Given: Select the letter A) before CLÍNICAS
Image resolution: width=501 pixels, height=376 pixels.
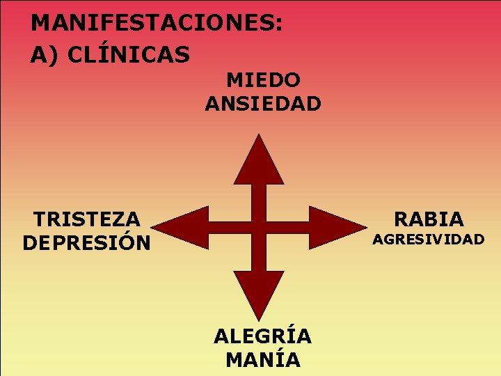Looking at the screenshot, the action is click(44, 54).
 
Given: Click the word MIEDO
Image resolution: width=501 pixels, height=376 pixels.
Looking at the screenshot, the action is click(263, 80).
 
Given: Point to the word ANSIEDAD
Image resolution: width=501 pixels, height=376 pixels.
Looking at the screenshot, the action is click(263, 104).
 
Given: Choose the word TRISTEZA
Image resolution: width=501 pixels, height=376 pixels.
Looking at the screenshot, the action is click(87, 219).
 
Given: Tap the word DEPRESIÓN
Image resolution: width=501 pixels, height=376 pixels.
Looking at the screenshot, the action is click(87, 243).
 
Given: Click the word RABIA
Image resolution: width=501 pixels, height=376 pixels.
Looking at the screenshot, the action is click(429, 219).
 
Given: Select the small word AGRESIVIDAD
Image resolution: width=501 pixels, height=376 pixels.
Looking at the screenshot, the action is click(429, 240).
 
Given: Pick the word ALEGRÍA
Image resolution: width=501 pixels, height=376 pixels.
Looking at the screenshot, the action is click(263, 336).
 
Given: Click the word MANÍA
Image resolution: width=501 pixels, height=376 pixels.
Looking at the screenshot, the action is click(263, 360).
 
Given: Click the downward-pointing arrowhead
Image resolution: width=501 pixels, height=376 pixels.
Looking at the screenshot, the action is click(259, 292).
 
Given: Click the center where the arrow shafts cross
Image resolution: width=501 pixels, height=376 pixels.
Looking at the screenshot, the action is click(259, 227).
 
